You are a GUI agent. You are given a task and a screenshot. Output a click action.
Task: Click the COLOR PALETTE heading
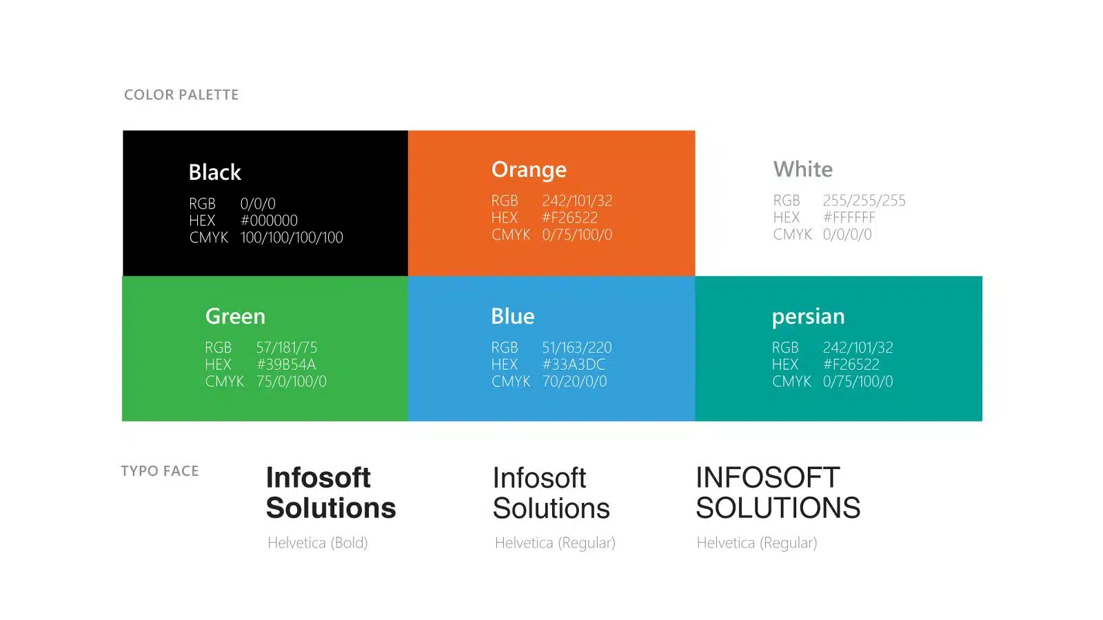coord(181,94)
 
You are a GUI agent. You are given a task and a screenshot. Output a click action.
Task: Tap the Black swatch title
coord(214,172)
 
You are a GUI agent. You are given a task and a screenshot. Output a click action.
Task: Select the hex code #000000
coord(269,220)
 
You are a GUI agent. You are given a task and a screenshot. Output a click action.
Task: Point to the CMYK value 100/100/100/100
coord(292,237)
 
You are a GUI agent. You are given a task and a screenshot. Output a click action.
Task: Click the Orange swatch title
coord(529,169)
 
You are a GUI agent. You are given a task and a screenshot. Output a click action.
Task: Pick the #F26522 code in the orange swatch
coord(569,218)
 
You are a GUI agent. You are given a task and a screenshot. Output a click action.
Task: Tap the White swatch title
coord(802,169)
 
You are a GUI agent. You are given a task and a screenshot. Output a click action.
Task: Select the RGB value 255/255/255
coord(864,200)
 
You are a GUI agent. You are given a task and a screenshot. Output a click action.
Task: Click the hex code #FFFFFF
coord(849,217)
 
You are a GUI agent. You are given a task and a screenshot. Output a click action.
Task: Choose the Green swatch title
coord(235,316)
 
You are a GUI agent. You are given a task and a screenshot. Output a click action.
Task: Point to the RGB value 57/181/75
coord(287,347)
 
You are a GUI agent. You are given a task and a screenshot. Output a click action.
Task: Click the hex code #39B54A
coord(286,364)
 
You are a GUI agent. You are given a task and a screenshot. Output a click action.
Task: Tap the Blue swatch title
coord(513,316)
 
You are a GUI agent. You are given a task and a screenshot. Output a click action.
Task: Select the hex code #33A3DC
coord(574,364)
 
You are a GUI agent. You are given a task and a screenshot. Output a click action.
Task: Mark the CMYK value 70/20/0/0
coord(575,382)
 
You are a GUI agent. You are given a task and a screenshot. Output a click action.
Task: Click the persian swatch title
coord(808,317)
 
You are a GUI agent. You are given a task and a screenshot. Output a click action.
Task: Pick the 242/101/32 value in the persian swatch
coord(858,347)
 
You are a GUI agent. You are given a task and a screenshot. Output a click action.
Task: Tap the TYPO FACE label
coord(160,471)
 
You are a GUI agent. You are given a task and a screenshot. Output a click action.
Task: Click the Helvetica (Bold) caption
coord(318,543)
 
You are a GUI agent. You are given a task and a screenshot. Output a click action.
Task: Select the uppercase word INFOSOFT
coord(768,477)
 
